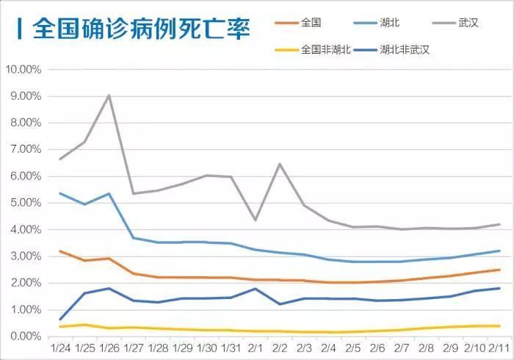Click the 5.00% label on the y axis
tap(24, 203)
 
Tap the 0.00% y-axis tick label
tap(24, 336)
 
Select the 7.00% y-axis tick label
tap(24, 150)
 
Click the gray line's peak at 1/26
tap(109, 96)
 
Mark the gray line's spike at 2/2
tap(280, 164)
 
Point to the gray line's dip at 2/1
tap(255, 220)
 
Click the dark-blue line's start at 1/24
tap(59, 320)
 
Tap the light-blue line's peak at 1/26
tap(109, 194)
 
